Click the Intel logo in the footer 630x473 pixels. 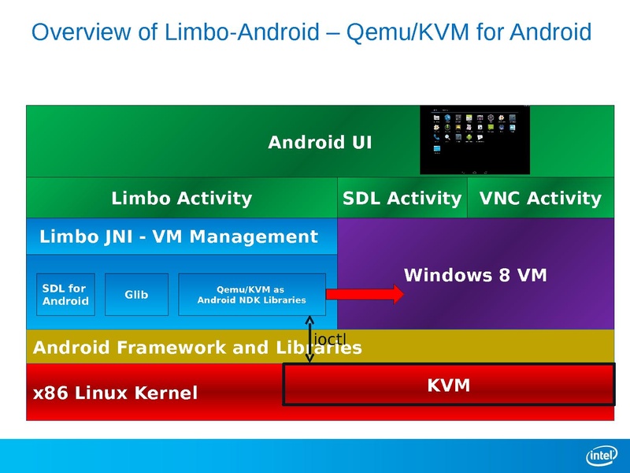[x=600, y=455]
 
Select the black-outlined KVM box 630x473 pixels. [x=448, y=385]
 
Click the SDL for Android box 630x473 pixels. [x=65, y=294]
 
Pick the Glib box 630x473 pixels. [x=136, y=294]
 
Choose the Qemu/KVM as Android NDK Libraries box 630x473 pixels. [x=251, y=294]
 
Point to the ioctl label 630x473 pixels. [x=330, y=338]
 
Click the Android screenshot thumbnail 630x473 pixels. [x=475, y=140]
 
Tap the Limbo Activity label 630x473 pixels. [x=182, y=198]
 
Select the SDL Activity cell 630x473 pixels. [x=402, y=198]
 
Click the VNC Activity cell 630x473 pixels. [x=540, y=198]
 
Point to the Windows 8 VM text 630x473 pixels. [x=475, y=275]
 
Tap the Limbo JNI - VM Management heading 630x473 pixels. [x=179, y=236]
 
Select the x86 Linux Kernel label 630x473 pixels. [x=115, y=392]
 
